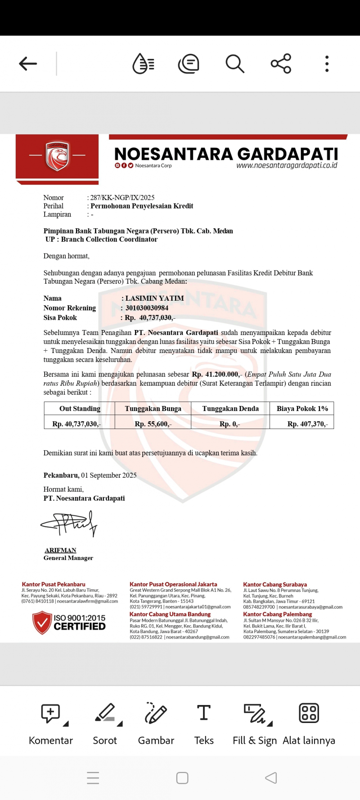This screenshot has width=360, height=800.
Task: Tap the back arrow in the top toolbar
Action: (28, 64)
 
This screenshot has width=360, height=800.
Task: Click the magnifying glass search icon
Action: (234, 64)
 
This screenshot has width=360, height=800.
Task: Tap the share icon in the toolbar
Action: (281, 64)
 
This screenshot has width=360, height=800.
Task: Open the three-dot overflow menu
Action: (327, 64)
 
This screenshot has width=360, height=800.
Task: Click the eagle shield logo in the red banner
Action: (57, 156)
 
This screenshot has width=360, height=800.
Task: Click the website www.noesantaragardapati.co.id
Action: (287, 165)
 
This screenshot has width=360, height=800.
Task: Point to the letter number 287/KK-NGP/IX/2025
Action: (122, 198)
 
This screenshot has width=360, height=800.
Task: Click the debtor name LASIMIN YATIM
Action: (154, 298)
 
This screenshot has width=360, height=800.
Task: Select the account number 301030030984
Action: (147, 308)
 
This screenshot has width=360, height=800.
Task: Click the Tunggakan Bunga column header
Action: (153, 409)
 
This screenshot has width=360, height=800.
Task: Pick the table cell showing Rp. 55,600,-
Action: (153, 424)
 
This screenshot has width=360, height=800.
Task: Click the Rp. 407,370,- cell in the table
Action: (308, 424)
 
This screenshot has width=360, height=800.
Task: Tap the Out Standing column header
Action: (80, 409)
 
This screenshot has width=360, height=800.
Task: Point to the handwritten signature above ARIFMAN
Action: (70, 524)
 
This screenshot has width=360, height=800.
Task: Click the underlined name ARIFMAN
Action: (60, 550)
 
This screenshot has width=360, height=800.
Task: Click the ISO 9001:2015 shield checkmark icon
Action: (42, 623)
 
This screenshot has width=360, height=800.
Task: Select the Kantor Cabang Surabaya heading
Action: (275, 584)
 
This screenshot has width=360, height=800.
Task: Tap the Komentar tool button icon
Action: (51, 713)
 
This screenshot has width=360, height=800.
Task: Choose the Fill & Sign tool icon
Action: (255, 713)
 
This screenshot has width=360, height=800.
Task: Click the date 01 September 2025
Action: (108, 475)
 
